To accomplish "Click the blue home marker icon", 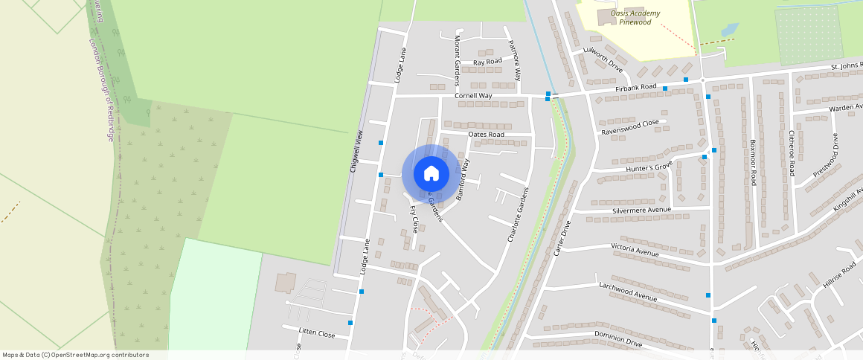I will click(x=431, y=173).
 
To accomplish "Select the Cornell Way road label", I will click(x=474, y=96).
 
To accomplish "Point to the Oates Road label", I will click(x=487, y=135).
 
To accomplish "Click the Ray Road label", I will click(x=488, y=62).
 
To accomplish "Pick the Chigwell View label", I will click(x=357, y=152).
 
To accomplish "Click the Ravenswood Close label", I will click(x=630, y=127).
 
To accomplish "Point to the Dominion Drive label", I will click(x=617, y=338).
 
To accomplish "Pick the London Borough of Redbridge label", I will click(x=103, y=89).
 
